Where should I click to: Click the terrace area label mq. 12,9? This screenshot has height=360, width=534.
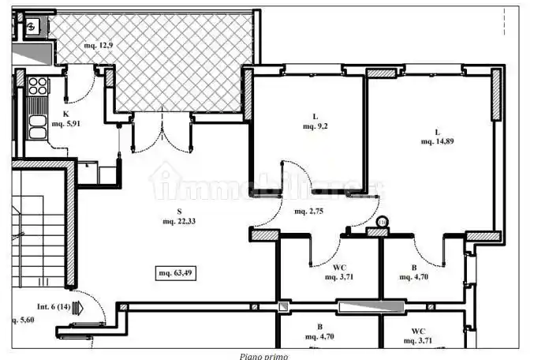pyautogui.click(x=99, y=46)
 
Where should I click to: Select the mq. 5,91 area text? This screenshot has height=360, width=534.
pyautogui.click(x=66, y=124)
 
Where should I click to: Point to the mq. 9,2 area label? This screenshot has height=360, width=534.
pyautogui.click(x=316, y=126)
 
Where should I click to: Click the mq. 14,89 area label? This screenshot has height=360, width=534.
pyautogui.click(x=437, y=141)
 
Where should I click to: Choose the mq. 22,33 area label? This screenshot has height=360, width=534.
pyautogui.click(x=180, y=221)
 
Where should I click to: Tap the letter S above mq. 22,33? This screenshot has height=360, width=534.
pyautogui.click(x=180, y=212)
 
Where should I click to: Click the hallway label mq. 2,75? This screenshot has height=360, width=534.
pyautogui.click(x=310, y=212)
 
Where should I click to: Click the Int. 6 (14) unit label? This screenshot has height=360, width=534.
pyautogui.click(x=53, y=306)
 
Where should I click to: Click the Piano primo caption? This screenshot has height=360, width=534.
pyautogui.click(x=264, y=356)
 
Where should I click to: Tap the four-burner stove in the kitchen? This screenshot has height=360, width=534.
pyautogui.click(x=36, y=85)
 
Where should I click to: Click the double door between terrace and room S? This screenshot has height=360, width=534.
pyautogui.click(x=162, y=133)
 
